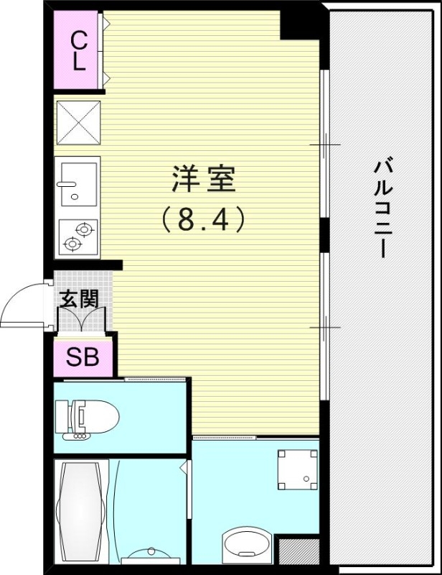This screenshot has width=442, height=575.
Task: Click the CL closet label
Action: [x=78, y=50]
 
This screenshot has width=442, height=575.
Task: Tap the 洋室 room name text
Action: [x=203, y=180]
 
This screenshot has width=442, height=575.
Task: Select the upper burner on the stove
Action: [x=84, y=230]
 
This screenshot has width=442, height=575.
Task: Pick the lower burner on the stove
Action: [x=72, y=244]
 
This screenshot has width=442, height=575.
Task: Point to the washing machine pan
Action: [x=297, y=469]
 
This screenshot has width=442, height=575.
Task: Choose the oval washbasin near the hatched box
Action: [x=248, y=544]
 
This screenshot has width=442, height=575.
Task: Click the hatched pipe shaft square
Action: [x=298, y=551]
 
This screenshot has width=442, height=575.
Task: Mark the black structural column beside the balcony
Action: [x=299, y=24]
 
